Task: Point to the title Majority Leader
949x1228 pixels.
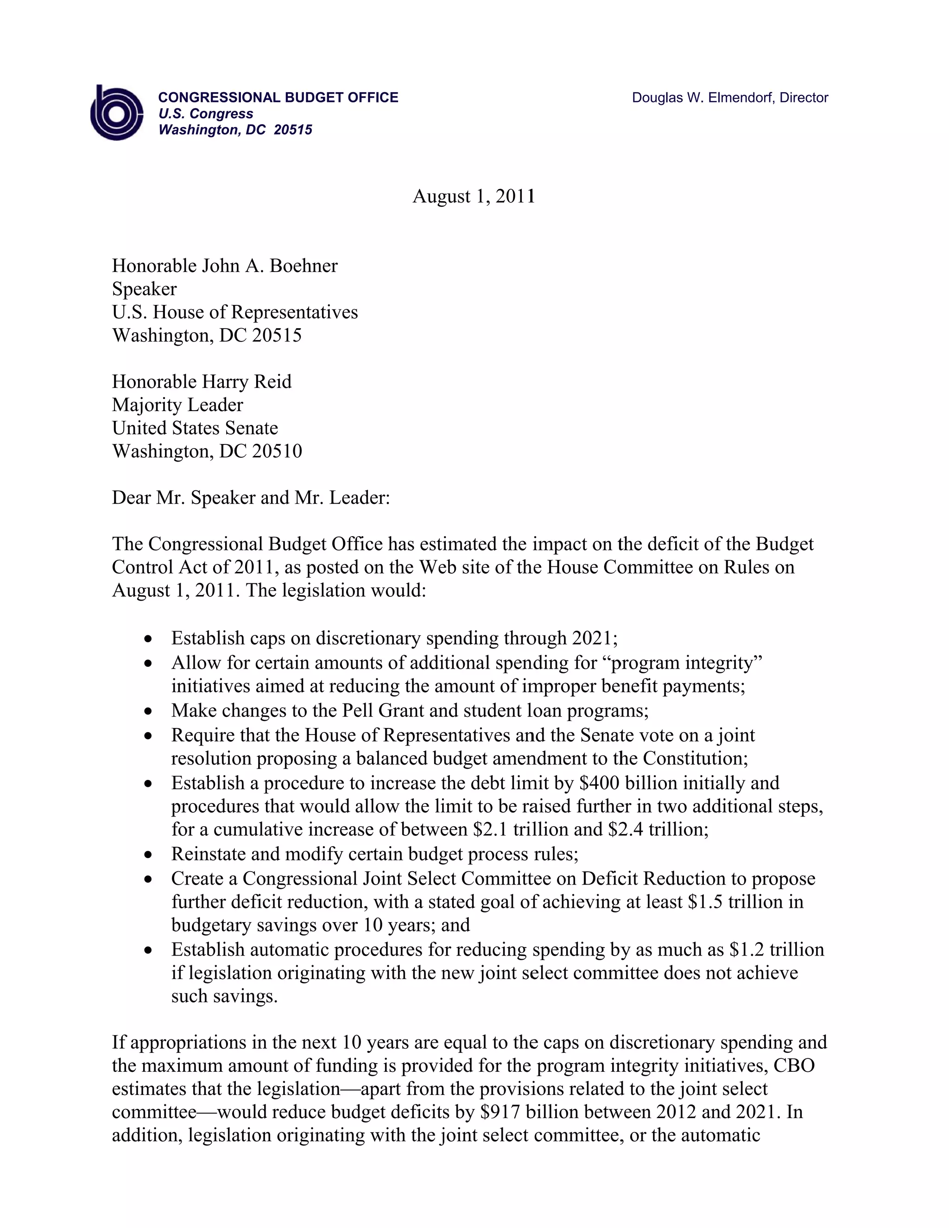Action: tap(177, 405)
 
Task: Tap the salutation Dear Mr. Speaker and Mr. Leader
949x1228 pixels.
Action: tap(251, 498)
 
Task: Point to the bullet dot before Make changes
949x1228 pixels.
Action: tap(148, 712)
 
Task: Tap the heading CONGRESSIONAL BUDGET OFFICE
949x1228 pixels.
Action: tap(278, 98)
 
